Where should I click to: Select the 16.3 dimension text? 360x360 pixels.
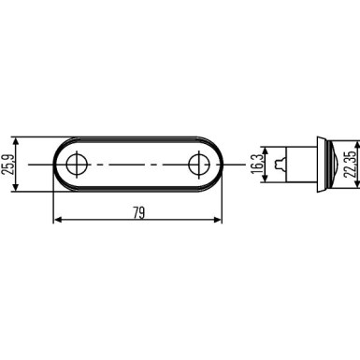point(255,166)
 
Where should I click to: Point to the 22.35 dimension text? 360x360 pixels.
point(348,166)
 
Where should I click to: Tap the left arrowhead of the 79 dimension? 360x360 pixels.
point(57,221)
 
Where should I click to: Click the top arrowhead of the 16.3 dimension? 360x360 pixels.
point(266,149)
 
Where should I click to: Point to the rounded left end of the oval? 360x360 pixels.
point(56,166)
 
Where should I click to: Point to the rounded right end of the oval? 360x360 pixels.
point(219,166)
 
